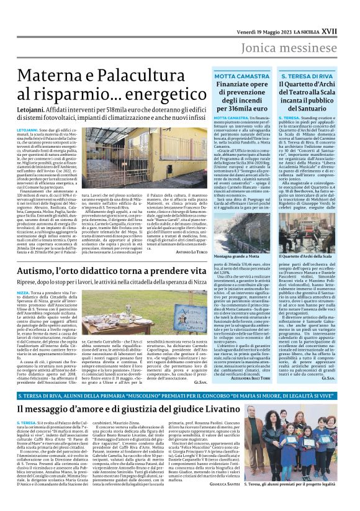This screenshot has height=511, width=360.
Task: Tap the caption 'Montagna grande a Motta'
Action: click(x=236, y=255)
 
